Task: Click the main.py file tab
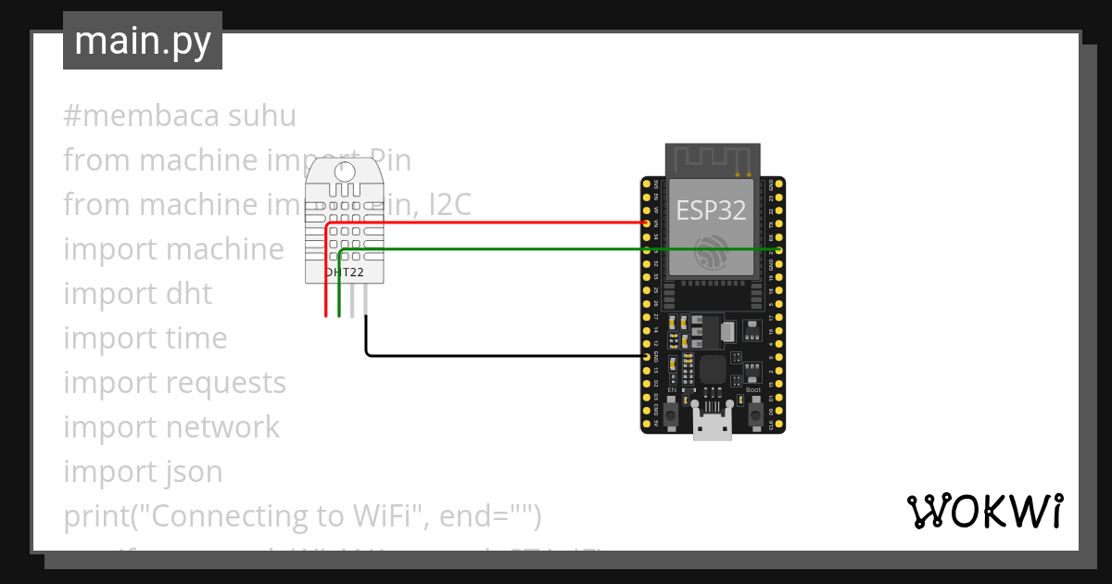click(142, 41)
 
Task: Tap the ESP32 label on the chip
click(711, 210)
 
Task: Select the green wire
click(556, 249)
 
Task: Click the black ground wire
click(500, 355)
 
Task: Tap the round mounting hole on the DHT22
click(344, 171)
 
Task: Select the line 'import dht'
click(137, 294)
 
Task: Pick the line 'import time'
click(145, 338)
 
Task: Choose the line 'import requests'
click(174, 383)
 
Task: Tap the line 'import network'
click(171, 427)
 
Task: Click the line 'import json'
click(143, 472)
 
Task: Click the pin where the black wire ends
click(646, 356)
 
